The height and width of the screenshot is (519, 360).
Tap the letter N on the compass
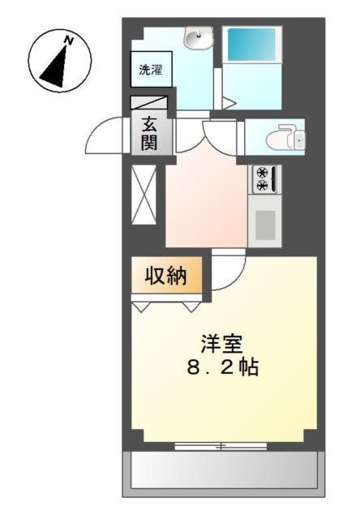pos(70,40)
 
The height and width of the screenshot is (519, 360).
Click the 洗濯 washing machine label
pos(151,70)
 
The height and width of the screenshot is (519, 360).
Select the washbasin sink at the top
pos(197,37)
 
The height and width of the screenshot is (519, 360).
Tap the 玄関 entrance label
pos(151,134)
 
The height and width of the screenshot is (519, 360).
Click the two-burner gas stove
pos(264,178)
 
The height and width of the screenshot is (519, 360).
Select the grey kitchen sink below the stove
pos(265,223)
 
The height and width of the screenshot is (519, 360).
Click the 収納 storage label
pos(165,276)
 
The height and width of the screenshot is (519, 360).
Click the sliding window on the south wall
pos(220,445)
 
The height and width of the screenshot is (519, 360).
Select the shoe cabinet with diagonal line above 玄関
pos(151,103)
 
